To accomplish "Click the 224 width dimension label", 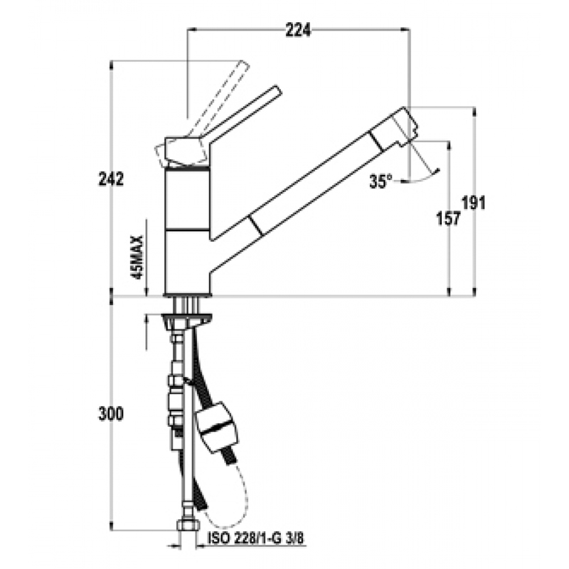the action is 298,30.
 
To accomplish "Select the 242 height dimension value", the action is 111,179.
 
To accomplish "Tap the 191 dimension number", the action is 474,203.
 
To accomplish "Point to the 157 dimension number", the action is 448,218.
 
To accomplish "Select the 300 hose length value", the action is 111,415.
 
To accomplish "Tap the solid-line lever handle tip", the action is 277,90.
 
